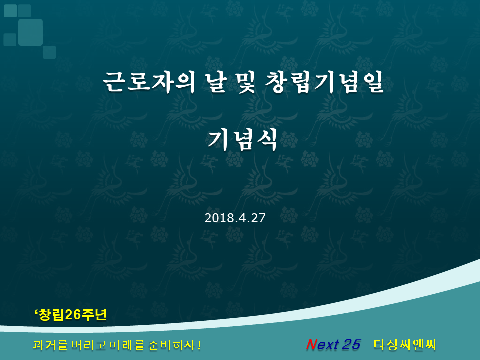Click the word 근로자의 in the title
tap(149, 82)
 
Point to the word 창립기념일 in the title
tap(324, 82)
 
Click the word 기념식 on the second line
tap(242, 139)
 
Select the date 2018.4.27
tap(235, 218)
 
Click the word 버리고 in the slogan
tap(89, 345)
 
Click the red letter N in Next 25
tap(311, 344)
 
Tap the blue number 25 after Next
tap(351, 344)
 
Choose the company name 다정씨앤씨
tap(405, 344)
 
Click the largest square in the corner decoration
tap(30, 32)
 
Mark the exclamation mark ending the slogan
tap(199, 345)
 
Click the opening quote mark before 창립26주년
tap(36, 312)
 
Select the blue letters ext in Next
tap(328, 345)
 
